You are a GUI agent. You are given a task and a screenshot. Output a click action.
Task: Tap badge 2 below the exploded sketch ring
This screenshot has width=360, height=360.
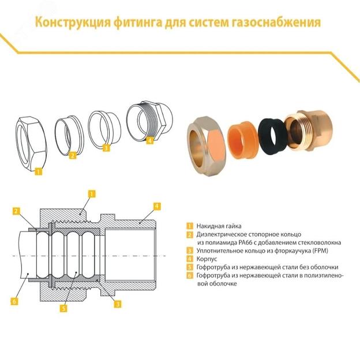click(72, 155)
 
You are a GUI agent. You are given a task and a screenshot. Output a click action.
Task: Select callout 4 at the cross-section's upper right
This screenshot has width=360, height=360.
click(157, 205)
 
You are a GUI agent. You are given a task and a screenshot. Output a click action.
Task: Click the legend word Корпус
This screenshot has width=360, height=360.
click(207, 259)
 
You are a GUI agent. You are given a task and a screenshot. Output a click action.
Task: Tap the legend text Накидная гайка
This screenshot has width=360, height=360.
click(219, 226)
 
